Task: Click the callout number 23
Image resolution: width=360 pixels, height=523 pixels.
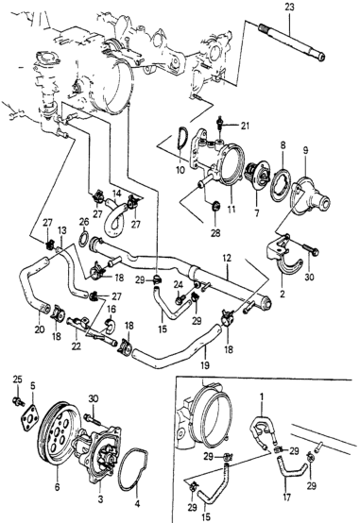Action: coord(289,8)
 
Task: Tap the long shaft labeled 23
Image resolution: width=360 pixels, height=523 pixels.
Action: coord(292,42)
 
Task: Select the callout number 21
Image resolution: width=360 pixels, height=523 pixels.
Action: coord(245,126)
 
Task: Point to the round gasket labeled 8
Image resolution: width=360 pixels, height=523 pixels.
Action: coord(280,185)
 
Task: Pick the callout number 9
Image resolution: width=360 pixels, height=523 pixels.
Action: coord(305,150)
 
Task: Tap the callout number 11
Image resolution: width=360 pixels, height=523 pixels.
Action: coord(231,210)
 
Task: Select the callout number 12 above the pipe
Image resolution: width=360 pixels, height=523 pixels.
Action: coord(228,258)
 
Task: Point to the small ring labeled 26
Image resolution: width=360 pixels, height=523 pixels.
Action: coord(83,239)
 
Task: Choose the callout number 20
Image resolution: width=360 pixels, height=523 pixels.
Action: coord(40,329)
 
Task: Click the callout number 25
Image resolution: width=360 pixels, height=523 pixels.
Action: coord(17,379)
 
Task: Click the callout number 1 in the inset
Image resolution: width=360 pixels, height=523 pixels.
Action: coord(262,396)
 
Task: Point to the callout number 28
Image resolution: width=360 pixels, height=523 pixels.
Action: coord(215,233)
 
